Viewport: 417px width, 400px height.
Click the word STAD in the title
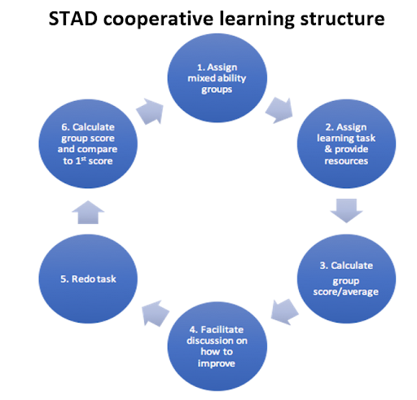click(x=73, y=19)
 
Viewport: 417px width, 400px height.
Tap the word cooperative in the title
click(x=158, y=19)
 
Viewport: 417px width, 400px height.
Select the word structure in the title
click(x=342, y=19)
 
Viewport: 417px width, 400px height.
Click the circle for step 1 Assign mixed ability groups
click(x=217, y=78)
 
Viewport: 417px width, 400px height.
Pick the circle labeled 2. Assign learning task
click(x=346, y=143)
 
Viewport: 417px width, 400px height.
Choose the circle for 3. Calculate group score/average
click(x=346, y=279)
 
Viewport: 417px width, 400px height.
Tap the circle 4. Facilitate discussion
click(x=217, y=346)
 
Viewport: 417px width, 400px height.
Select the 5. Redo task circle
click(x=88, y=279)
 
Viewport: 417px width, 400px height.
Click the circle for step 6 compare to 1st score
click(x=88, y=143)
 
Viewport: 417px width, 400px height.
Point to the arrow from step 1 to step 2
click(x=279, y=110)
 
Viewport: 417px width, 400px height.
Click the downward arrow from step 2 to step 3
click(x=346, y=211)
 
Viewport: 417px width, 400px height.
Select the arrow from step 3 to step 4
click(x=284, y=312)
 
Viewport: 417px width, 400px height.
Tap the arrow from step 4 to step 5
click(x=155, y=313)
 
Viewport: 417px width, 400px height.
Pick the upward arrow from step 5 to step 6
click(x=88, y=212)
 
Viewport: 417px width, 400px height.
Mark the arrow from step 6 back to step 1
click(x=151, y=112)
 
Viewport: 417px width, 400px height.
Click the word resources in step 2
click(x=346, y=161)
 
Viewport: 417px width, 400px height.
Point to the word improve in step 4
click(x=217, y=363)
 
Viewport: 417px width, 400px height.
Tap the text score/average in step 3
click(x=346, y=292)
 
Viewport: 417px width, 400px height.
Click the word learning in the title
click(x=257, y=19)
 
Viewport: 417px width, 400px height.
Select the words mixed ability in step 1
click(x=217, y=78)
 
